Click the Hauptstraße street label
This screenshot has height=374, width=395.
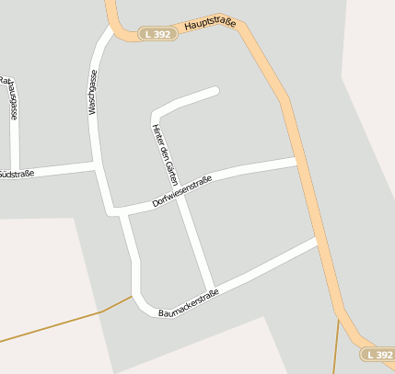point(209,24)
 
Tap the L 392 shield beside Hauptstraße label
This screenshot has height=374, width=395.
point(157,34)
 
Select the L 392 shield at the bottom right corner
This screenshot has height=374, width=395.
point(378,354)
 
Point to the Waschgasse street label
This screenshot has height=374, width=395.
point(92,93)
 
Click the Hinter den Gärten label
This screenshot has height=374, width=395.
point(163,153)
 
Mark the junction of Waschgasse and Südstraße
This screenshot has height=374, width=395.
point(96,166)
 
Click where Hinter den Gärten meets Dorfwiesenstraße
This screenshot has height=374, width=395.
point(180,197)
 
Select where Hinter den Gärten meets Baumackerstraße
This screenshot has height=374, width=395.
point(214,286)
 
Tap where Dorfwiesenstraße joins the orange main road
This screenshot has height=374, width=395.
point(297,161)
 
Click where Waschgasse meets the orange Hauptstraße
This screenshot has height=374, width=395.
point(111,28)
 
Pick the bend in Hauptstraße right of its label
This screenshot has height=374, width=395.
point(241,27)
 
